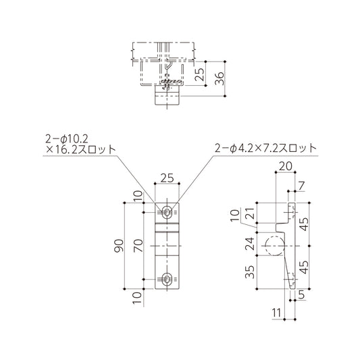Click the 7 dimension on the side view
301,186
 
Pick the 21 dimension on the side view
250,215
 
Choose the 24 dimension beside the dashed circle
250,242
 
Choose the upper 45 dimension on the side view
305,224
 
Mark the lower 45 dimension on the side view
305,268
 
